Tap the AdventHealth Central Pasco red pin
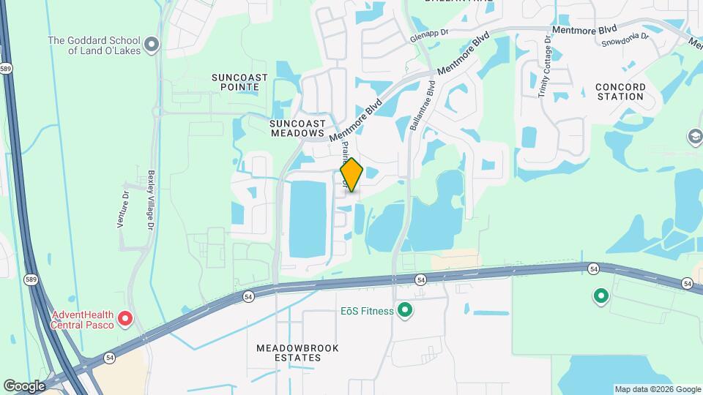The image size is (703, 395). point(125,318)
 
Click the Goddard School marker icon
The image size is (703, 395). point(152,45)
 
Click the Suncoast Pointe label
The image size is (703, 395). point(239,82)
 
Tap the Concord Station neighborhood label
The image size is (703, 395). point(620,91)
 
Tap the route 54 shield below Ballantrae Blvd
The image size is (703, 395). point(420,279)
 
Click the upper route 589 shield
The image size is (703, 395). point(6,69)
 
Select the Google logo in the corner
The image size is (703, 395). point(24,385)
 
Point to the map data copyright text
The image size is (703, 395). point(657,389)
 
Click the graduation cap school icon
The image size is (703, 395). point(694,137)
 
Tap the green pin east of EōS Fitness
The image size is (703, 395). point(601,296)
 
